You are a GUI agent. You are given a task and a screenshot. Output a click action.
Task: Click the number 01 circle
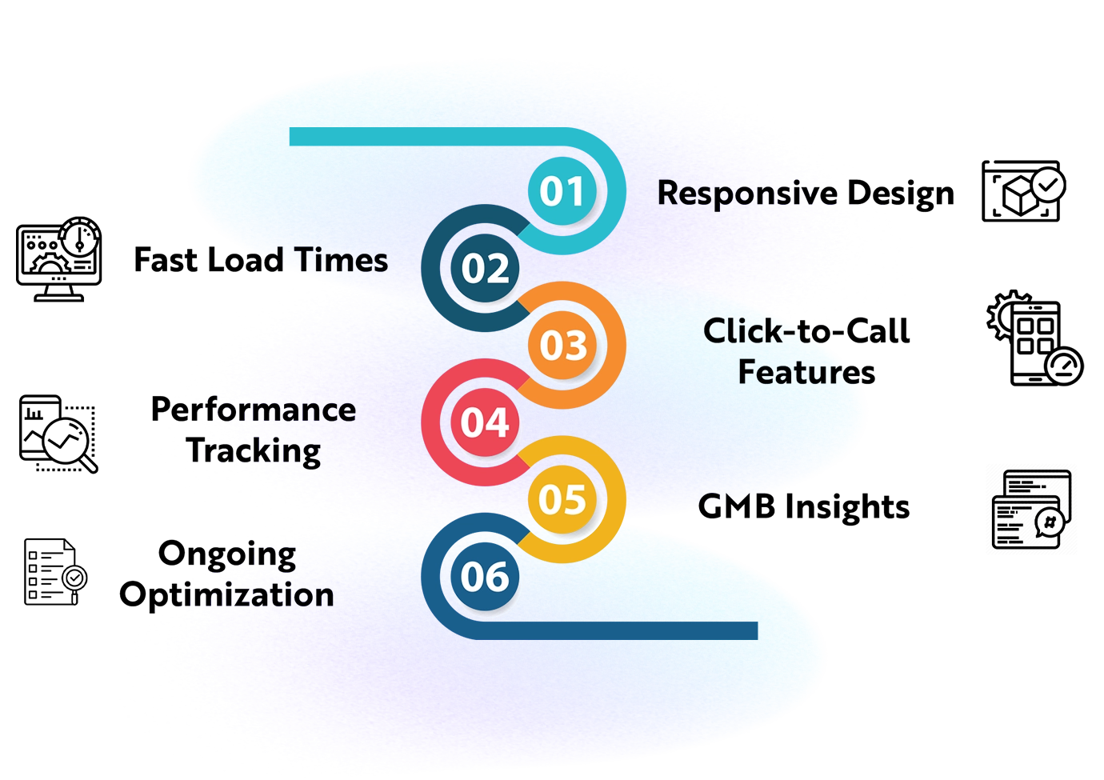(x=563, y=192)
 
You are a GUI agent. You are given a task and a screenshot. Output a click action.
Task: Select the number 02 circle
(x=486, y=269)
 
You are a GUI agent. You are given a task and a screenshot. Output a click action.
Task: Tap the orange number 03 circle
(x=563, y=346)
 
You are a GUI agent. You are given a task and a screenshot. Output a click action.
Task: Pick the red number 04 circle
(x=486, y=422)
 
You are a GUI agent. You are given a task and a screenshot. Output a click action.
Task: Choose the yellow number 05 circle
(x=563, y=499)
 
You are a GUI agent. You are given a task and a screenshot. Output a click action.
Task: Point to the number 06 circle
(x=486, y=577)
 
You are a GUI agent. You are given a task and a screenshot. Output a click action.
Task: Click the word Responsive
(x=748, y=194)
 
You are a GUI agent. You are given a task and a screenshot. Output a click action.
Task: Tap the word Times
(x=341, y=261)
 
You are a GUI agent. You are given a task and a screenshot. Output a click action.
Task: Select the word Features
(x=806, y=372)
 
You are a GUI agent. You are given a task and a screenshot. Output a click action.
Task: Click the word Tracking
(x=254, y=452)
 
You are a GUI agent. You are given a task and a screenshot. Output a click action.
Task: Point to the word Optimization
(x=226, y=594)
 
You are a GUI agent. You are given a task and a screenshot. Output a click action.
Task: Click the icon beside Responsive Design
(x=1022, y=192)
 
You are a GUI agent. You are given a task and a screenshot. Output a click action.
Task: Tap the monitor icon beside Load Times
(x=58, y=259)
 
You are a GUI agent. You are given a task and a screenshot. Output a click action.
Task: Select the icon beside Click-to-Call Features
(x=1035, y=339)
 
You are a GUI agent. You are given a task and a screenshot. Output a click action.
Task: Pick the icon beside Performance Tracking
(x=56, y=434)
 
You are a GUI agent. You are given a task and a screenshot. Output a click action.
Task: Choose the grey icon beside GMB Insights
(x=1033, y=508)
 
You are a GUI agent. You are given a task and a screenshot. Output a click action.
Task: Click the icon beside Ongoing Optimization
(x=53, y=573)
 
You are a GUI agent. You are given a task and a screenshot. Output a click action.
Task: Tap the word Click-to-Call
(x=808, y=330)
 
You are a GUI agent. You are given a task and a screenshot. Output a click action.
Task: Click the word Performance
(x=253, y=410)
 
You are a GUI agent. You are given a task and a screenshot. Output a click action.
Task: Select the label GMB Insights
(x=805, y=507)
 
